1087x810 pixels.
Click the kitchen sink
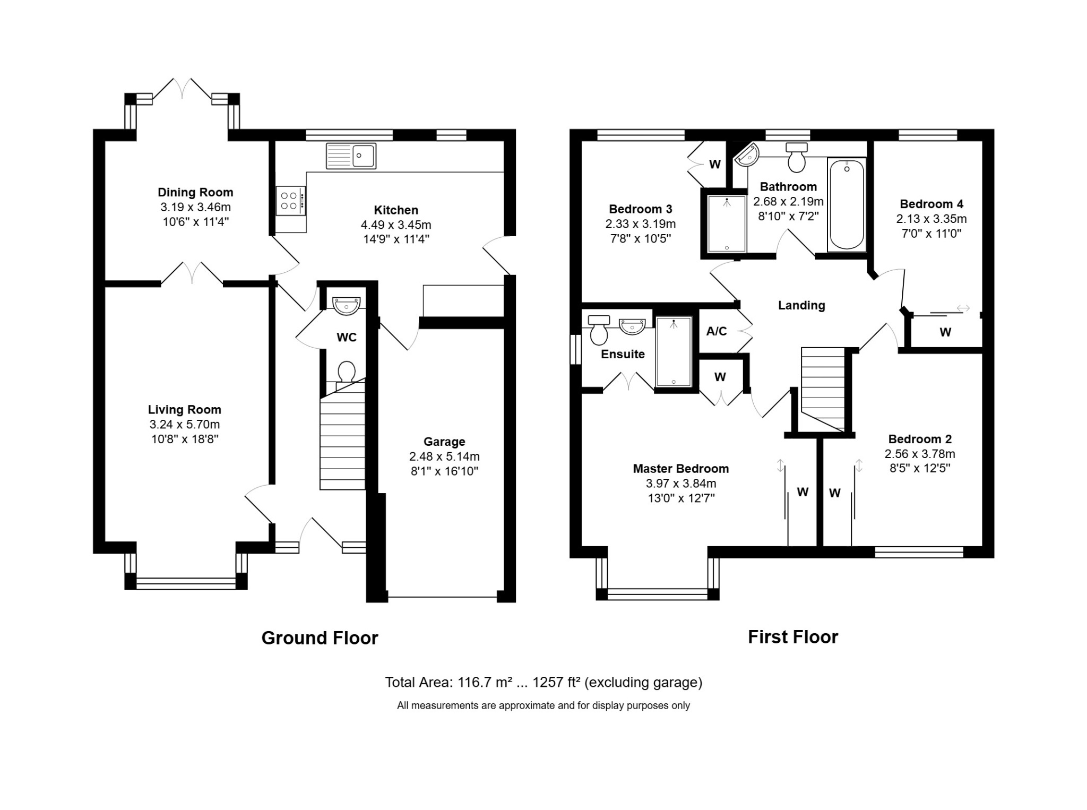click(351, 156)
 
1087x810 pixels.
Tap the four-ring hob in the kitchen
click(291, 201)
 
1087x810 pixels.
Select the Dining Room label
click(195, 192)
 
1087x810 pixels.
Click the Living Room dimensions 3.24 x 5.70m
click(184, 424)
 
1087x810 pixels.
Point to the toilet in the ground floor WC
click(346, 373)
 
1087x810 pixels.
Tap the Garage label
click(444, 442)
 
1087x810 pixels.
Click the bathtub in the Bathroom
click(847, 204)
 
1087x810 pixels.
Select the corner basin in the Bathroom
click(747, 154)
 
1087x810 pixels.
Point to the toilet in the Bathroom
click(797, 157)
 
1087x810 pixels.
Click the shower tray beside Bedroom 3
click(727, 223)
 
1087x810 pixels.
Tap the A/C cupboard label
click(717, 331)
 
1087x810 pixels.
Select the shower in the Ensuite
click(674, 352)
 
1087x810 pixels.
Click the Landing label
click(801, 305)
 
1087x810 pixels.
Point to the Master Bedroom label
click(681, 469)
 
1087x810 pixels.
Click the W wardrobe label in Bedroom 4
click(945, 332)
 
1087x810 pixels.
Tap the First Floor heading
click(793, 637)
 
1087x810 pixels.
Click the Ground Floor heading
click(320, 637)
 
